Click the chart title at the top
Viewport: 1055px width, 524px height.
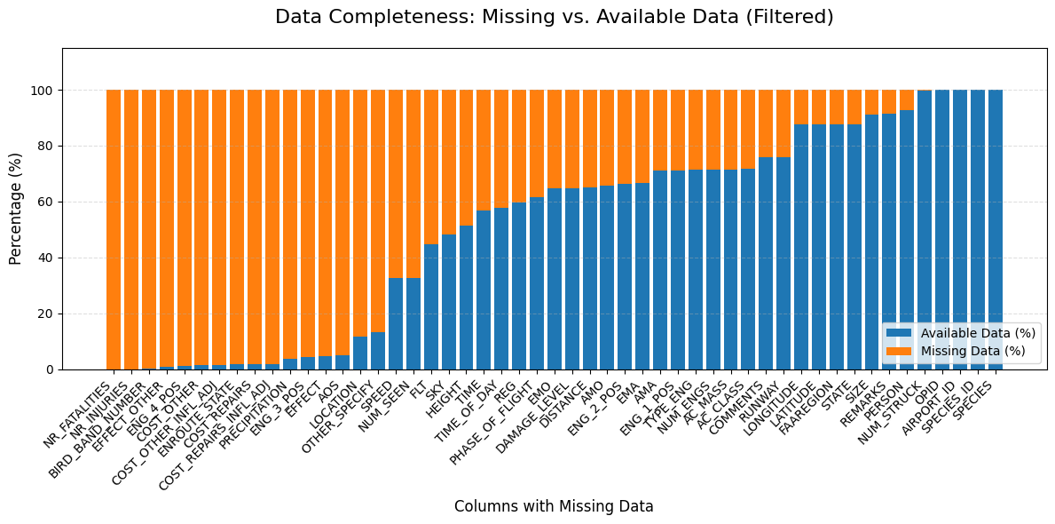[554, 17]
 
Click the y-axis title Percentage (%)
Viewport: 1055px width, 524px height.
[16, 208]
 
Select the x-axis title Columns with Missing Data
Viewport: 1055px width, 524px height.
[554, 506]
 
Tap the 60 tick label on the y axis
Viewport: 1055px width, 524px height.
[45, 202]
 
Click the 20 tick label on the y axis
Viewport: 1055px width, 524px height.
[45, 314]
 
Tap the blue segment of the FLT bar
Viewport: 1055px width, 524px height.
[431, 306]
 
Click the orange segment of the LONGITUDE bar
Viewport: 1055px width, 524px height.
[801, 107]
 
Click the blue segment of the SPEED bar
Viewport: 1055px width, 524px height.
[396, 324]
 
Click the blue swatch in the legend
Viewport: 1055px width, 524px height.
[899, 333]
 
